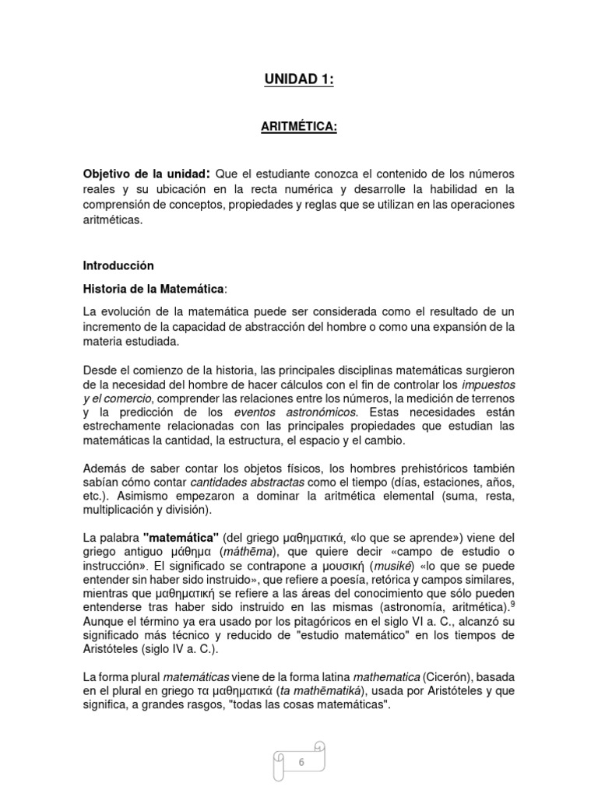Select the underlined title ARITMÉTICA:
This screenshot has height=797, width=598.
(299, 128)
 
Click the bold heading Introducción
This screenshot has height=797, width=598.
(118, 265)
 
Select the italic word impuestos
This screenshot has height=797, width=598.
(488, 384)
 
